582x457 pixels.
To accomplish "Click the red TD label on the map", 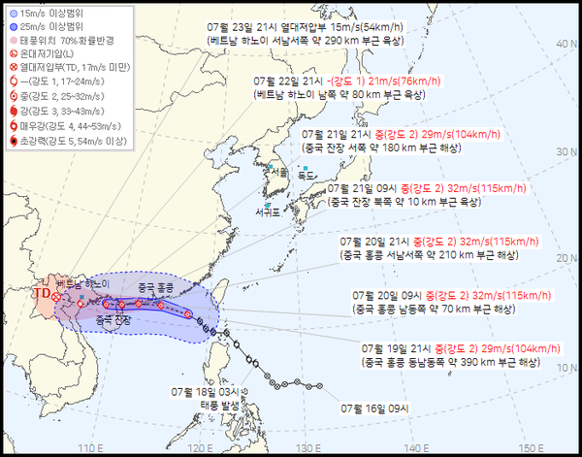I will point(41,290).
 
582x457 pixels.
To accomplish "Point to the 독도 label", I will point(308,176).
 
